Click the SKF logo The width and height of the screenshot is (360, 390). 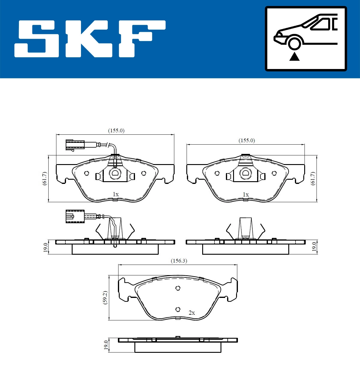coord(90,39)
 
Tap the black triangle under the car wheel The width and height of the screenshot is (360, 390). coord(294,56)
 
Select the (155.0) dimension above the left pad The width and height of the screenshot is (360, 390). coord(116,130)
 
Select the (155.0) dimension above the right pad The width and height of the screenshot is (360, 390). coord(247,140)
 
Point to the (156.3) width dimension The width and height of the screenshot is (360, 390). coord(179,261)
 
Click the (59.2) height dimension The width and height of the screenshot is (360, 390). coord(105,297)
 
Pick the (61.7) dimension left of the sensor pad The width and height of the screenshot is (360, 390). coord(44,178)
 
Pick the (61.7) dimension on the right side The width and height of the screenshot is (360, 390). coord(313,178)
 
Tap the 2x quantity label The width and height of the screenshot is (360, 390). coord(192,313)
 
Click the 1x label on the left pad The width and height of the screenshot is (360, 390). coord(115,194)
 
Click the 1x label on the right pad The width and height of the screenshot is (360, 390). coord(246,194)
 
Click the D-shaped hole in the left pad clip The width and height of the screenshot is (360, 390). coord(115,173)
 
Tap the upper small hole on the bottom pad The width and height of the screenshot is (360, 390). coord(178,288)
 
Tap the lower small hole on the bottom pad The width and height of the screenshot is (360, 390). coord(178,309)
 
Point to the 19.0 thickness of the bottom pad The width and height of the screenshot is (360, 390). coord(106,345)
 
